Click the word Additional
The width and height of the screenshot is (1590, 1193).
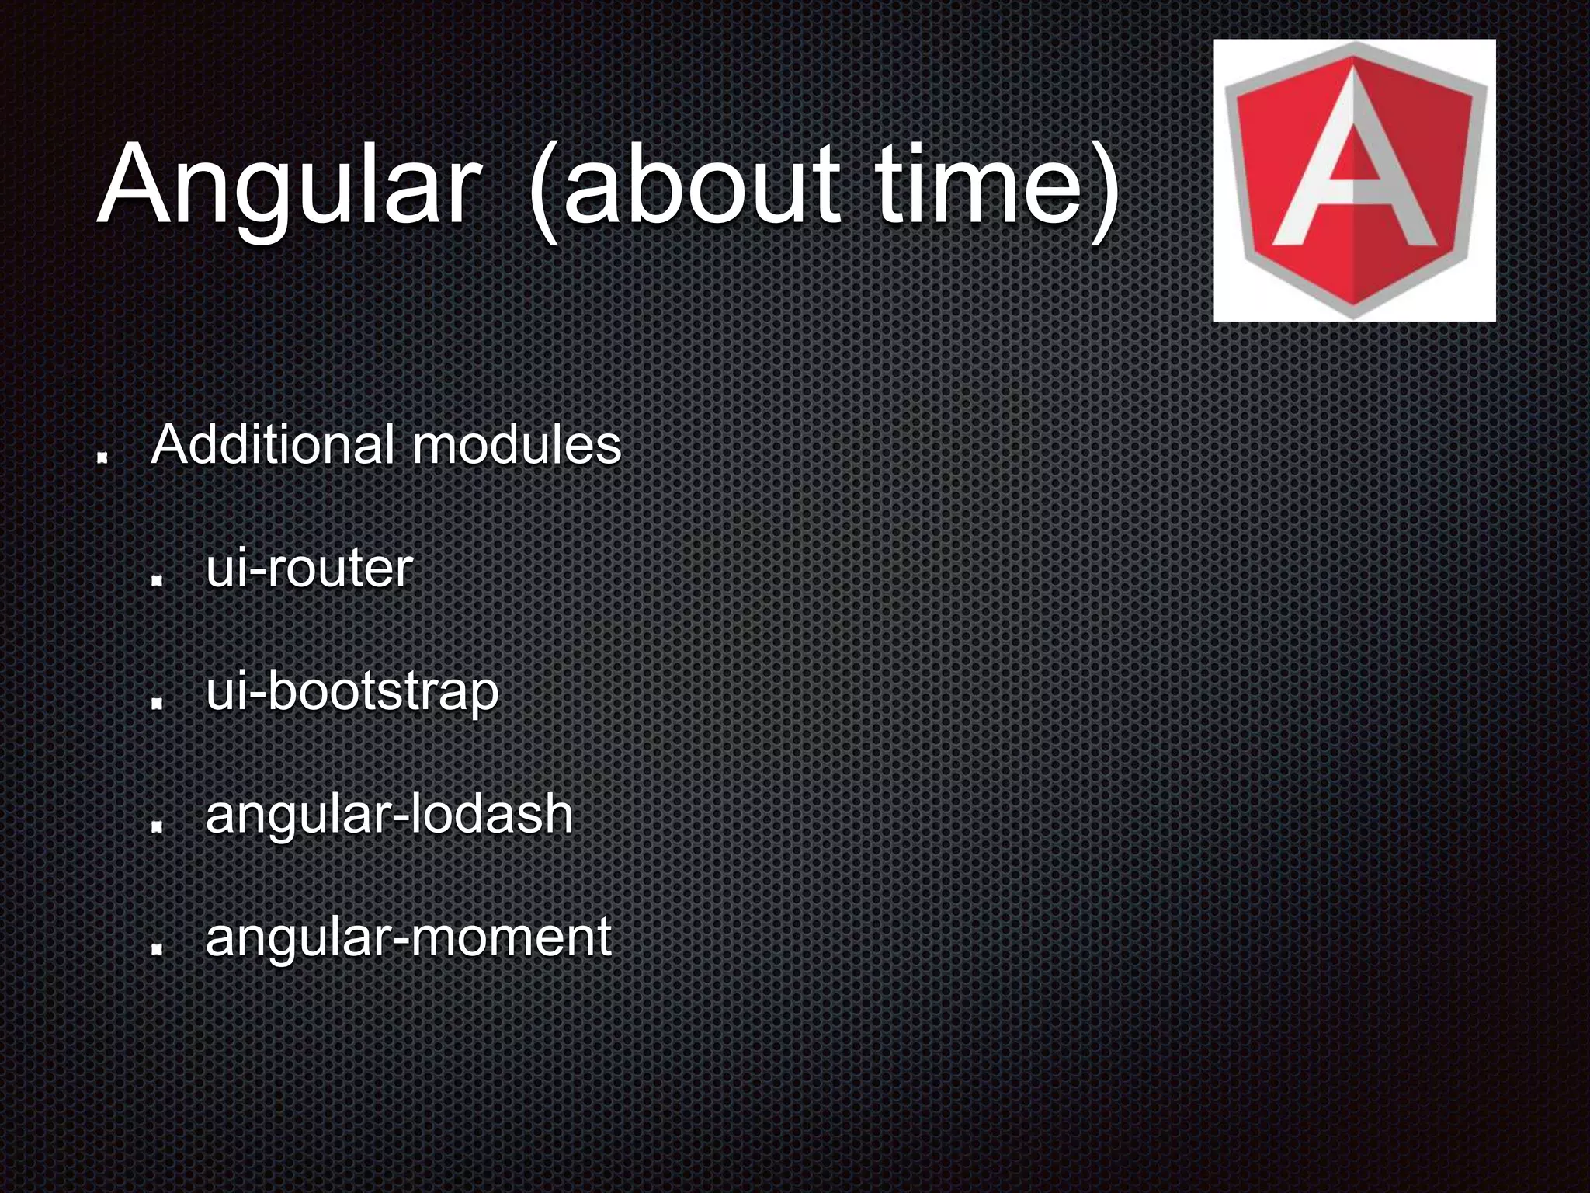[275, 445]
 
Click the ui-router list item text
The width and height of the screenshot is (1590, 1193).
[308, 569]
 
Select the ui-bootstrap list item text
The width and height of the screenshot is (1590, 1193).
[352, 691]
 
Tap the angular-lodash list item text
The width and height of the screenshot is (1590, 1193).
[389, 814]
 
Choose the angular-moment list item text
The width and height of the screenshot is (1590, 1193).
[408, 937]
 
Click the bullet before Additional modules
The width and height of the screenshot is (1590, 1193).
[101, 459]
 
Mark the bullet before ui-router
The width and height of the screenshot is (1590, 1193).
[156, 580]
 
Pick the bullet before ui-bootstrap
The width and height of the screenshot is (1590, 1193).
[156, 703]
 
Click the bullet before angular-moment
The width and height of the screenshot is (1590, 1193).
[156, 948]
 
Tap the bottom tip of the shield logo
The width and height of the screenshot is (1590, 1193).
[1355, 315]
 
